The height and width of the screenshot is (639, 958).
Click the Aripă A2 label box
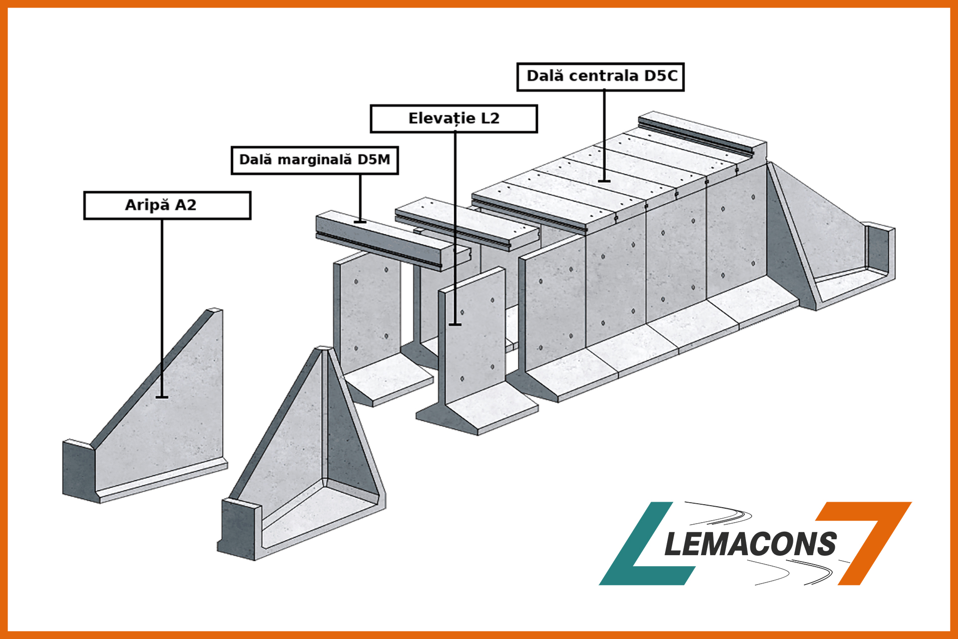(167, 205)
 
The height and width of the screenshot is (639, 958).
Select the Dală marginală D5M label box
(314, 160)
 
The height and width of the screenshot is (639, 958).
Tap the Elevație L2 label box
(454, 119)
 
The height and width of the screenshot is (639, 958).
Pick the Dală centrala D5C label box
(600, 76)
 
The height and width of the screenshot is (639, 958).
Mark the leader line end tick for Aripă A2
(162, 397)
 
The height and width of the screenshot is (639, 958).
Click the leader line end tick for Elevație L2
(455, 324)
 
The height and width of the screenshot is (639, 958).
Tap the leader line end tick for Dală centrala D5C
(604, 181)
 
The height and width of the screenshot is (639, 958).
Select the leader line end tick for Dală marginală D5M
(360, 222)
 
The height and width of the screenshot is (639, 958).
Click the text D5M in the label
(373, 160)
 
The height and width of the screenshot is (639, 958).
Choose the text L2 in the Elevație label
(489, 119)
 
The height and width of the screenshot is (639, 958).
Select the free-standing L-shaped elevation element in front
(474, 349)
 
